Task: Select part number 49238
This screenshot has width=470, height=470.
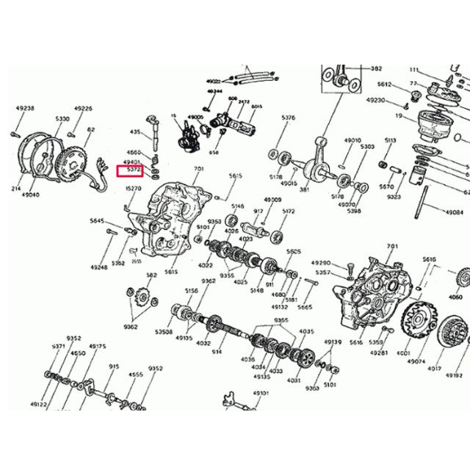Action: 25,108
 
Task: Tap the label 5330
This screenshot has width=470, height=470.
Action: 62,118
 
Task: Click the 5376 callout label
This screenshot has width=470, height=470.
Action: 288,117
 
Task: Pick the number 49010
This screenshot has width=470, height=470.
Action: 353,140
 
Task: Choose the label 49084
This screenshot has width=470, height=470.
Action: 454,211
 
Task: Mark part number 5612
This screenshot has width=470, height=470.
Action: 385,84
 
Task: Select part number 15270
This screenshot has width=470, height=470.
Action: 133,189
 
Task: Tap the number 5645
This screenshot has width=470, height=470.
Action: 97,220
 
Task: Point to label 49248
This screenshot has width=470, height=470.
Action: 99,267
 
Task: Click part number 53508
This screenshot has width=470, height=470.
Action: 163,331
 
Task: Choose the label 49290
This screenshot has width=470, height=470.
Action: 321,262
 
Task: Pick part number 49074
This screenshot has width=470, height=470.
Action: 417,361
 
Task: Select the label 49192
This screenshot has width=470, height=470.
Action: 454,375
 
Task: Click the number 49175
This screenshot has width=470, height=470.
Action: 98,345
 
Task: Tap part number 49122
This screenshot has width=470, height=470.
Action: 38,404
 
